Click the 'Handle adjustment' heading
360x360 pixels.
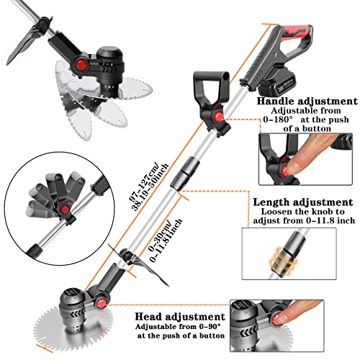(x=307, y=101)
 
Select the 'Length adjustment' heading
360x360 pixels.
(x=303, y=202)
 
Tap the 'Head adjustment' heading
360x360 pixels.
(x=180, y=317)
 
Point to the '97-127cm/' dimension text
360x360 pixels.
(x=143, y=182)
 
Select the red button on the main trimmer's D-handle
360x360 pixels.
(x=218, y=117)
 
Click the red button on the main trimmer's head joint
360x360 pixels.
(x=101, y=303)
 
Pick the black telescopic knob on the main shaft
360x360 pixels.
(x=185, y=173)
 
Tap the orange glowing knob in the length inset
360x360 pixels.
(x=283, y=261)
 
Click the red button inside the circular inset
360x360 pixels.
(x=64, y=210)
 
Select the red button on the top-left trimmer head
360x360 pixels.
(x=81, y=66)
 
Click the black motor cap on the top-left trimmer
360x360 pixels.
(x=111, y=55)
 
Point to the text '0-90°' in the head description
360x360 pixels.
(x=210, y=326)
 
